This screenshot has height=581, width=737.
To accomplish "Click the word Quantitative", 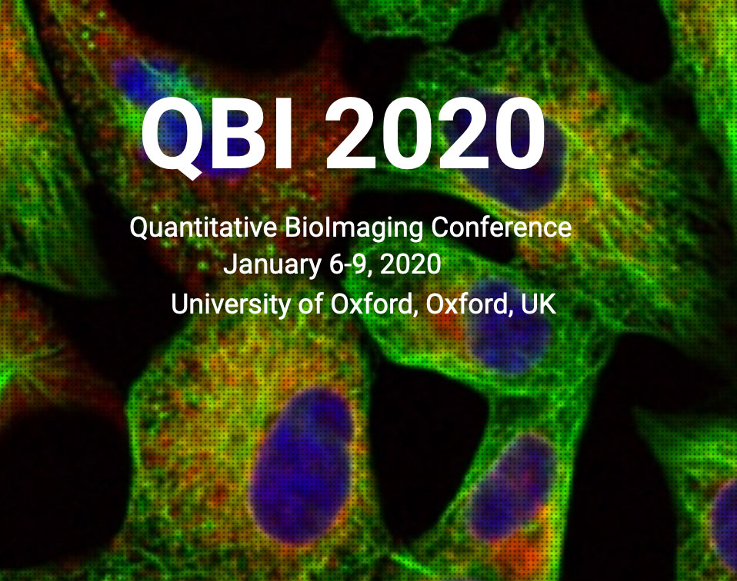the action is [x=204, y=227].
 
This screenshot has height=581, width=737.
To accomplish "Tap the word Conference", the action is [x=501, y=227].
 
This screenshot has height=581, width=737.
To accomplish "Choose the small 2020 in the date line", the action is [x=410, y=264].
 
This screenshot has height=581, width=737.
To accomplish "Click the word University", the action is [x=231, y=305].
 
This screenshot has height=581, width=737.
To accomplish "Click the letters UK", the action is [x=539, y=304].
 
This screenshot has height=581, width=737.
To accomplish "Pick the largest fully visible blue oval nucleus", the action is [x=301, y=465].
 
